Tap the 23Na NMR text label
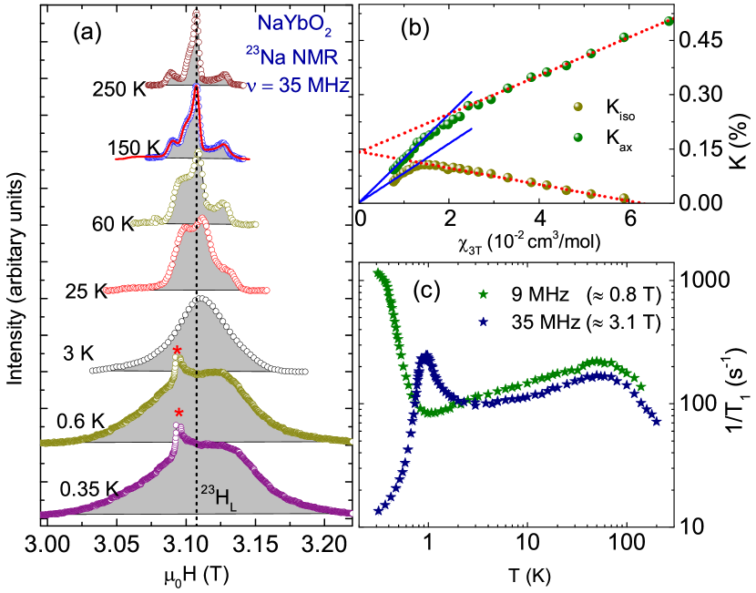[292, 58]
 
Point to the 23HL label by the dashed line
[219, 497]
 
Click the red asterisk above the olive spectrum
[178, 352]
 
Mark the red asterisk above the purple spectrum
[179, 414]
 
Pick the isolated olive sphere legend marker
[577, 107]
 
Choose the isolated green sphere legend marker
[577, 138]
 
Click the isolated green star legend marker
[483, 294]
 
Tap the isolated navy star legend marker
[483, 322]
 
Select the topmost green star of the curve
[377, 271]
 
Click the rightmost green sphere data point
[669, 21]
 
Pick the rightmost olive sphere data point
[624, 198]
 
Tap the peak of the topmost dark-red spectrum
[196, 14]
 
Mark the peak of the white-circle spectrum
[201, 299]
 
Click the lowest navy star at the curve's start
[378, 510]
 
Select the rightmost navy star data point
[656, 420]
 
